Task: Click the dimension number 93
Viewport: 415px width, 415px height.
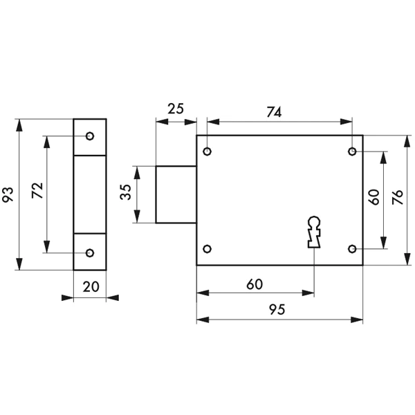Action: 8,195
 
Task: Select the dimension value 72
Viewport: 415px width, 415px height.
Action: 37,190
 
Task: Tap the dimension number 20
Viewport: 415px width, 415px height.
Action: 91,287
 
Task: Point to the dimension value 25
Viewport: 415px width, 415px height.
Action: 176,109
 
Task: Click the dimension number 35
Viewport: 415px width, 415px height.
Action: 126,192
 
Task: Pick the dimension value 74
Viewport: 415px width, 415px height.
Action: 274,112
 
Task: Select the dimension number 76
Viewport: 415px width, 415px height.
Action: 398,197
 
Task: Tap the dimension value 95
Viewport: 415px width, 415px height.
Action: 277,309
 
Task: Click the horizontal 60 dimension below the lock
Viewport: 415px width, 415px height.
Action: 255,284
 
